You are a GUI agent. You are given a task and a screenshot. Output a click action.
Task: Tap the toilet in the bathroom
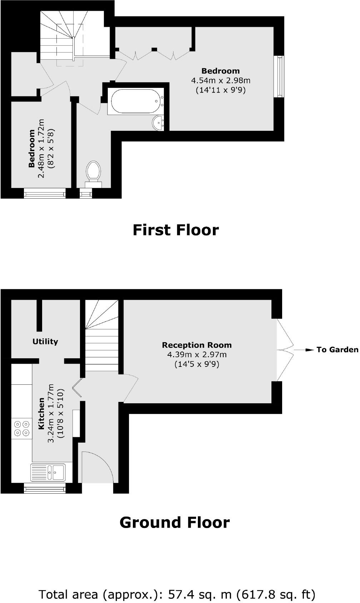tap(94, 171)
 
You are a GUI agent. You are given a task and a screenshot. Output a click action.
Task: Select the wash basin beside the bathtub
tap(157, 123)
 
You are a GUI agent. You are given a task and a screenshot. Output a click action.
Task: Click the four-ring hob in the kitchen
tap(21, 428)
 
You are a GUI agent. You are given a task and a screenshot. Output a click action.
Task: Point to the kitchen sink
tap(48, 472)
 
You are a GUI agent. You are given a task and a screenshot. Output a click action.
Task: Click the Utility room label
tap(45, 342)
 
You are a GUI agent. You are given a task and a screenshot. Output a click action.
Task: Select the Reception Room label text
tap(197, 345)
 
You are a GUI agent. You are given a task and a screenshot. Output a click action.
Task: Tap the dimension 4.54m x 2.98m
tap(221, 80)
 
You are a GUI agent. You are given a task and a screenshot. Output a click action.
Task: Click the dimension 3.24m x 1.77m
tap(51, 413)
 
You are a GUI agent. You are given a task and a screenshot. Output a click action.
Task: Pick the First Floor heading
tap(175, 230)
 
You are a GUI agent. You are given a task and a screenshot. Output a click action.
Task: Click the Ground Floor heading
tap(174, 522)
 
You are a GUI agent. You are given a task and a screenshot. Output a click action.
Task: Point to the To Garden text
tap(337, 350)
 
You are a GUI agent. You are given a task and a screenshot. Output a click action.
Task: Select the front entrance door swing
tap(97, 467)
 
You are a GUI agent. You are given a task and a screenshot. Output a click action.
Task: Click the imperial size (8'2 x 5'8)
tap(51, 148)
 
